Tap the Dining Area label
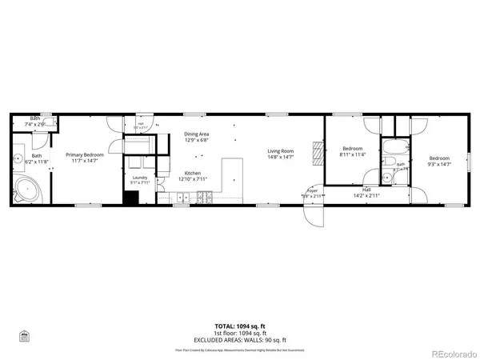pos(196,134)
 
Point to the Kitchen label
pos(193,174)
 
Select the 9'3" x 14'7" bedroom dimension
pos(438,164)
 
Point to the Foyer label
pos(311,191)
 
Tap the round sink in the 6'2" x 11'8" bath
pos(18,158)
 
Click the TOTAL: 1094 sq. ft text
pos(240,326)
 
